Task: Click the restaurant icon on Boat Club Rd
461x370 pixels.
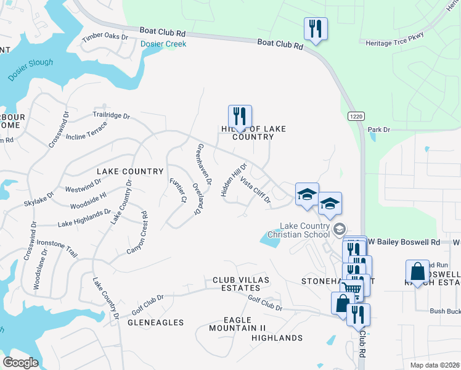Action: (x=316, y=29)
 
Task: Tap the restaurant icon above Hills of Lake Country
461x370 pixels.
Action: (x=240, y=117)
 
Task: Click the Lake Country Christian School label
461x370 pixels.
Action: (x=304, y=230)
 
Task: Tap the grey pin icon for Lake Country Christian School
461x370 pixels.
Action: (x=339, y=230)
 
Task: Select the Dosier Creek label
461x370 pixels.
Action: (x=163, y=44)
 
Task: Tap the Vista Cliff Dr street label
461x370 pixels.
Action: (x=255, y=190)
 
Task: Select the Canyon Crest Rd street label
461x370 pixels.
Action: (x=137, y=233)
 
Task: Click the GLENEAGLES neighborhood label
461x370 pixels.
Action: (x=155, y=323)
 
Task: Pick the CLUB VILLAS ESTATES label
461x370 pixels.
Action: (x=236, y=284)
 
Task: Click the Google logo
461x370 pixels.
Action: (x=21, y=363)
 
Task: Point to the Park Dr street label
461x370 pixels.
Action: (x=379, y=129)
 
